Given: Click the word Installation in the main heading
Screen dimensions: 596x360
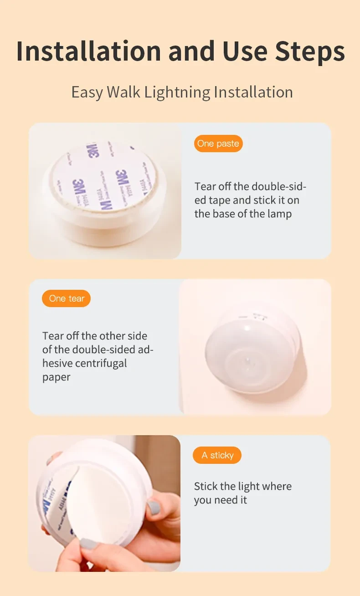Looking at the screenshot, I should [x=88, y=51].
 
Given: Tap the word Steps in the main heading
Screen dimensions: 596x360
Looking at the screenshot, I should [x=309, y=51].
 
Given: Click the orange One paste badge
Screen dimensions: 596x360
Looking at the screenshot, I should [x=218, y=144].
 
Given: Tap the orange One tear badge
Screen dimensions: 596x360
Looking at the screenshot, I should [x=67, y=298].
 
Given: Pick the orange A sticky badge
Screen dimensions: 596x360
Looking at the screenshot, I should [x=217, y=455].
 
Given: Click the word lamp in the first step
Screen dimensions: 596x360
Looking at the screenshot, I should [x=277, y=214].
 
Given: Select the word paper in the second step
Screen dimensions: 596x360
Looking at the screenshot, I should [x=57, y=377].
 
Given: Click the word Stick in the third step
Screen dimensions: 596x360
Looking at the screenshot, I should [x=206, y=486].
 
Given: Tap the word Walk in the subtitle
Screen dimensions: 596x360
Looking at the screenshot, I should [x=124, y=92].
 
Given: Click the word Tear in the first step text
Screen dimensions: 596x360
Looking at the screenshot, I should [x=205, y=186].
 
